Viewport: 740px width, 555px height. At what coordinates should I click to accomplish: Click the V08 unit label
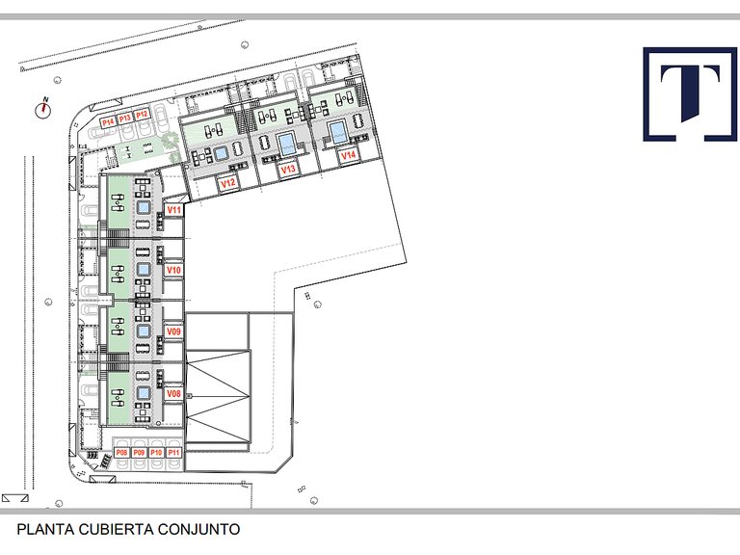click(173, 393)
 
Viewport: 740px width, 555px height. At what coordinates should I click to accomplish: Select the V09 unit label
click(173, 331)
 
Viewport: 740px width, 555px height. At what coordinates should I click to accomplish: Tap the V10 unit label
click(173, 270)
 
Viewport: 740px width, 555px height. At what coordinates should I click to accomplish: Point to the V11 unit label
click(174, 210)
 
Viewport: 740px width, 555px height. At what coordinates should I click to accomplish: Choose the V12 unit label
click(228, 183)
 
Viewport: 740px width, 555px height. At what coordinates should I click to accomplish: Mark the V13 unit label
click(288, 169)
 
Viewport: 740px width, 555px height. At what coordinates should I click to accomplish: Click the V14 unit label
click(348, 155)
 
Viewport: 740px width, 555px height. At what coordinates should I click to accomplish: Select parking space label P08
click(121, 453)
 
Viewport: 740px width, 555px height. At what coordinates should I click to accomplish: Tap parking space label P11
click(173, 453)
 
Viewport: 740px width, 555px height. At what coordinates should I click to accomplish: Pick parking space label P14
click(108, 122)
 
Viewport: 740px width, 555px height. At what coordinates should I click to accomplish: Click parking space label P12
click(142, 115)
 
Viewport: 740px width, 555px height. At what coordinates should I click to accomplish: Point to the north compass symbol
click(43, 110)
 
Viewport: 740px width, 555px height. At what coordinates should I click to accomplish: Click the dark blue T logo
click(690, 93)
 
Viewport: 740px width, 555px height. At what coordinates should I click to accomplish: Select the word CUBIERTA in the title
click(117, 529)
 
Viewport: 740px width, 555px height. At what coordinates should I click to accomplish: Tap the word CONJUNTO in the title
click(198, 529)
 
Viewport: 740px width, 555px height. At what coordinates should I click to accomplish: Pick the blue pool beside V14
click(337, 131)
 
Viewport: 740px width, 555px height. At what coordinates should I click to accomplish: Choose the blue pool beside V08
click(144, 393)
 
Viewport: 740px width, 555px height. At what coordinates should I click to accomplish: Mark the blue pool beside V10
click(144, 270)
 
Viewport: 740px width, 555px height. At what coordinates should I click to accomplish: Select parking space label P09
click(139, 453)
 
